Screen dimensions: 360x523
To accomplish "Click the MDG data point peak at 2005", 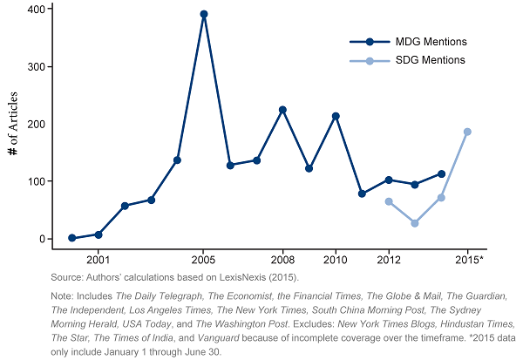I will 204,14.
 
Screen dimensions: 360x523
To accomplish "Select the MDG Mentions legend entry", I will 431,42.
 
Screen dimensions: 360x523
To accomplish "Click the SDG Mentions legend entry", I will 430,60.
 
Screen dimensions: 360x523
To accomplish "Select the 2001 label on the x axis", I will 98,260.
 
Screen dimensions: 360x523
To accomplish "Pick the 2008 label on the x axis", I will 282,260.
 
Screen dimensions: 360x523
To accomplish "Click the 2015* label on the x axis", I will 470,260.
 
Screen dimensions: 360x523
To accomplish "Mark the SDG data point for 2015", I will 467,132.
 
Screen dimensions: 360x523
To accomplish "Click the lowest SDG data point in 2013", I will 415,223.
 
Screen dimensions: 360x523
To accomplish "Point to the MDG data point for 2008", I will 282,110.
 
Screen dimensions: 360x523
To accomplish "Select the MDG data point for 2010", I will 336,116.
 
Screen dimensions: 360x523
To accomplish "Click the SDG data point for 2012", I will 389,201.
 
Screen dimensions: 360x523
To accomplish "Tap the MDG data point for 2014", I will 442,173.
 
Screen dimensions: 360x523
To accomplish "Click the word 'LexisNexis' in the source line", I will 219,276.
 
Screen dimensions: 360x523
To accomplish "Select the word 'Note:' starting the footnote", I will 64,297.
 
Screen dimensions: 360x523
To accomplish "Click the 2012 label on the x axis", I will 389,260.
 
